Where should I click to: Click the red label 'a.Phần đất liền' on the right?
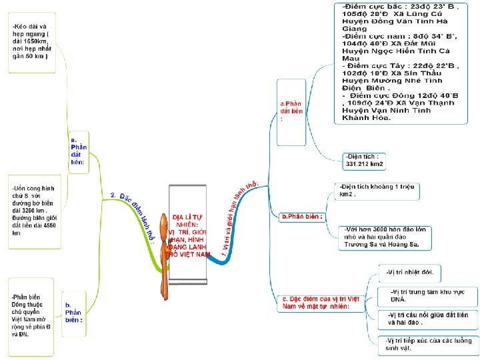click(x=291, y=111)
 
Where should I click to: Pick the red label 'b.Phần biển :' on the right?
click(x=302, y=217)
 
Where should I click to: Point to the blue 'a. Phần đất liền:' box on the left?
click(x=78, y=151)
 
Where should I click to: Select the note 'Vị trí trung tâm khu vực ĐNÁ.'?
click(x=427, y=295)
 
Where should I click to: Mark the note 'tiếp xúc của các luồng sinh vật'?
click(x=427, y=344)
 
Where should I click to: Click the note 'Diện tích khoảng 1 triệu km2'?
click(x=376, y=190)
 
